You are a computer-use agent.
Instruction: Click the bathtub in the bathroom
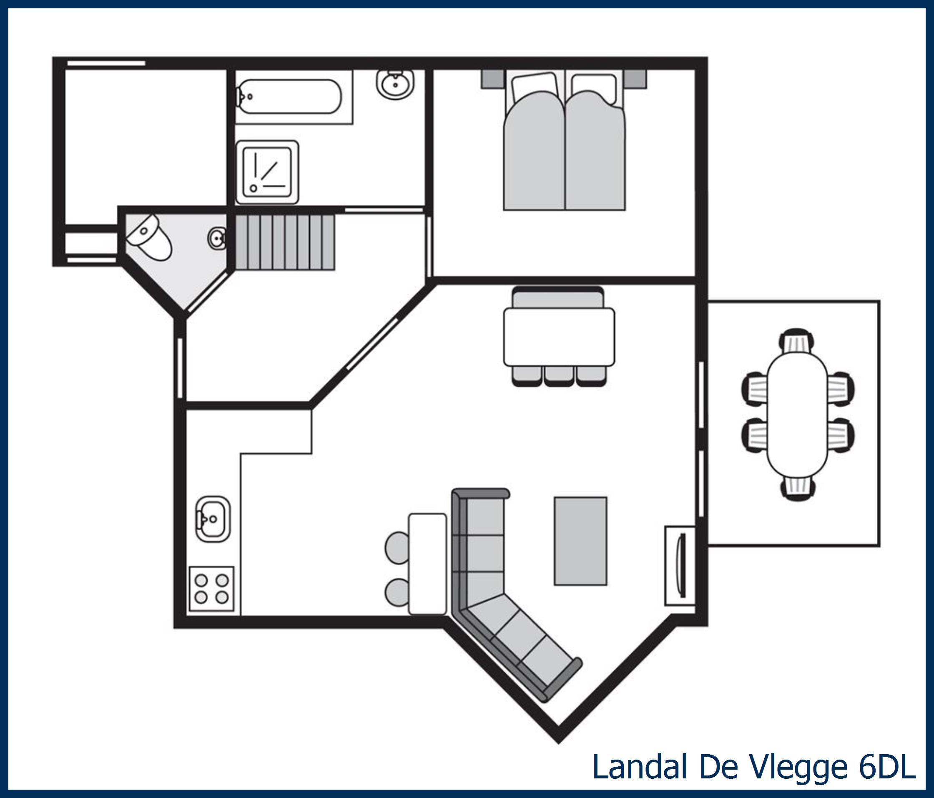[289, 96]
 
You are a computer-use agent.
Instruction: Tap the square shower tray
[267, 172]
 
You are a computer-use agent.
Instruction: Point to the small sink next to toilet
[217, 238]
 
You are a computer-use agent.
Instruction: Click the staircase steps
[285, 242]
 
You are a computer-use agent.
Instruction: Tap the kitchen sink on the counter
[213, 519]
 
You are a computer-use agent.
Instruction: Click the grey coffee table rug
[580, 541]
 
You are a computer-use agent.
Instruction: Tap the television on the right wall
[682, 566]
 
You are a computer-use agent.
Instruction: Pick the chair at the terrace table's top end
[797, 341]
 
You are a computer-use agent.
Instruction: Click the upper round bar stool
[397, 548]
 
